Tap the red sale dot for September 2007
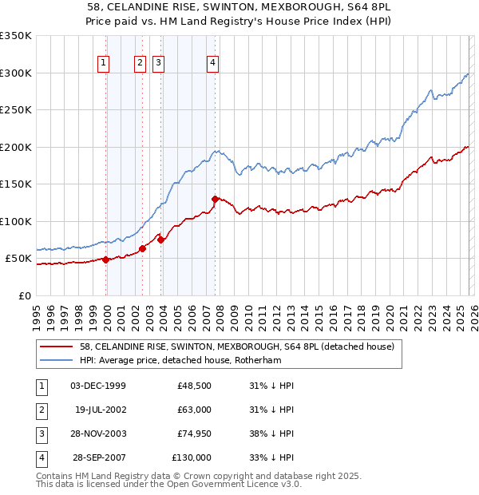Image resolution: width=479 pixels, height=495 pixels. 215,199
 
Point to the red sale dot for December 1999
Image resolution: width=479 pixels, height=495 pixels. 105,259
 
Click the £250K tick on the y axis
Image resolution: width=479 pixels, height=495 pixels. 16,110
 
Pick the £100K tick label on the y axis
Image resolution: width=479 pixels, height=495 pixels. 16,221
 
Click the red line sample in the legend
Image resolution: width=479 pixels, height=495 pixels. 55,347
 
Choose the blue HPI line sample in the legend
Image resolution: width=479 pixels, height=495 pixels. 55,360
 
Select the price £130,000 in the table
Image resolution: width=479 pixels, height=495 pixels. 191,457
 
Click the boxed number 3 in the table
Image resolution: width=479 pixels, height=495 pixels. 39,434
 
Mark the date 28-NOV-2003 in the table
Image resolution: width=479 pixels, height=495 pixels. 98,434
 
